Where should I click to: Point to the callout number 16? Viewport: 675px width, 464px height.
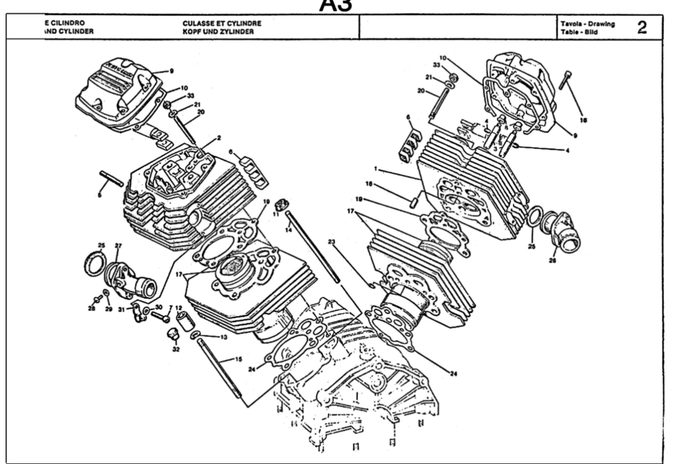tap(583, 120)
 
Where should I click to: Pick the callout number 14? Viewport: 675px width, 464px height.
tap(288, 230)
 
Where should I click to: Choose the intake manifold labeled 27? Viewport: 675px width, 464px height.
tap(132, 278)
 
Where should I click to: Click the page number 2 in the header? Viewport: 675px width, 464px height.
tap(642, 27)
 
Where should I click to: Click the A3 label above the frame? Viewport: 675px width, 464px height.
tap(337, 6)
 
